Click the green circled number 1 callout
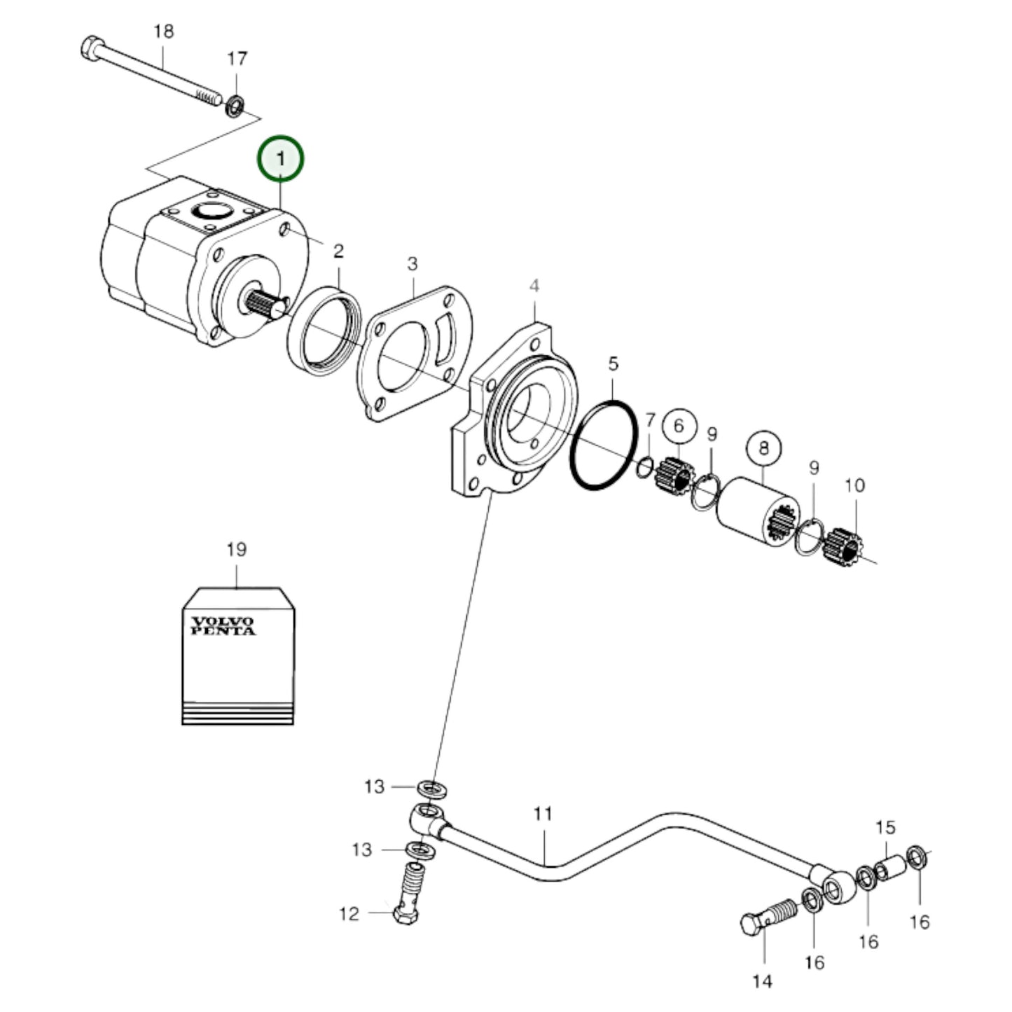click(x=281, y=159)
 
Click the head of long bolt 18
click(x=91, y=50)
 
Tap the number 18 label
click(x=163, y=32)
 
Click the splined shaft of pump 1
click(x=266, y=305)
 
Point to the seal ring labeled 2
click(x=324, y=330)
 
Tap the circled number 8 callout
click(x=763, y=447)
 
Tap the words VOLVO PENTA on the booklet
click(x=223, y=625)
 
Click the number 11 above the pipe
click(x=543, y=813)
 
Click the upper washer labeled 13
click(x=432, y=788)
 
